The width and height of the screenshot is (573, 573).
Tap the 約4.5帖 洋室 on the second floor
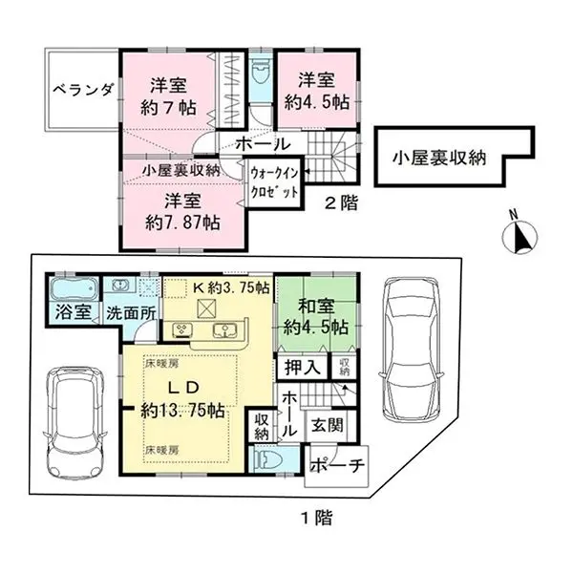pyautogui.click(x=315, y=89)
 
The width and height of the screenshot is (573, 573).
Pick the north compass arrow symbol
pyautogui.click(x=519, y=234)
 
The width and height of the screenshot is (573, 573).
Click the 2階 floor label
pyautogui.click(x=336, y=202)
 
